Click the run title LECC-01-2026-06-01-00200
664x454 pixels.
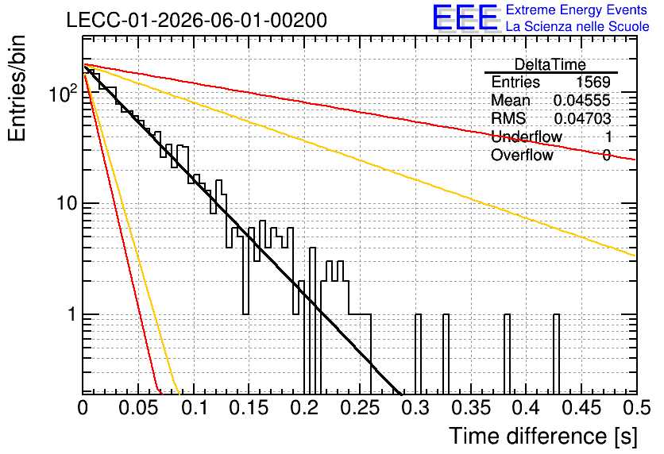coord(197,20)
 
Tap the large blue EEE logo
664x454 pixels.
coord(465,17)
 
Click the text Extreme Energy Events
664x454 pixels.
coord(577,10)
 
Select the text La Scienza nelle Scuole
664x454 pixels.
coord(577,26)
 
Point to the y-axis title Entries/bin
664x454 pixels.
coord(17,88)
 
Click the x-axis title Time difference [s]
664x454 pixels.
coord(543,436)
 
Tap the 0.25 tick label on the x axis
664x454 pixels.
coord(360,408)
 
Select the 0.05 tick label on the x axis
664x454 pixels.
coord(137,408)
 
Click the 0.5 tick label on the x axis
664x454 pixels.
coord(637,408)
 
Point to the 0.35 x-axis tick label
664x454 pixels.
coord(470,408)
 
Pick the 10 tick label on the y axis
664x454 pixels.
coord(67,203)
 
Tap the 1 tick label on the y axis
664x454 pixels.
coord(71,315)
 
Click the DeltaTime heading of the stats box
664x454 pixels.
coord(550,64)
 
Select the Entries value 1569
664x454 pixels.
coord(593,82)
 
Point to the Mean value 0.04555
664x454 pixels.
coord(582,100)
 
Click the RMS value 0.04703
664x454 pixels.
coord(582,119)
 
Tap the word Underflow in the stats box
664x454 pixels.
coord(527,137)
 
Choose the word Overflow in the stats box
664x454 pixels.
coord(522,156)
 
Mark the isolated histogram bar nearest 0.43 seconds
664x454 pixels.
coord(557,354)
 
